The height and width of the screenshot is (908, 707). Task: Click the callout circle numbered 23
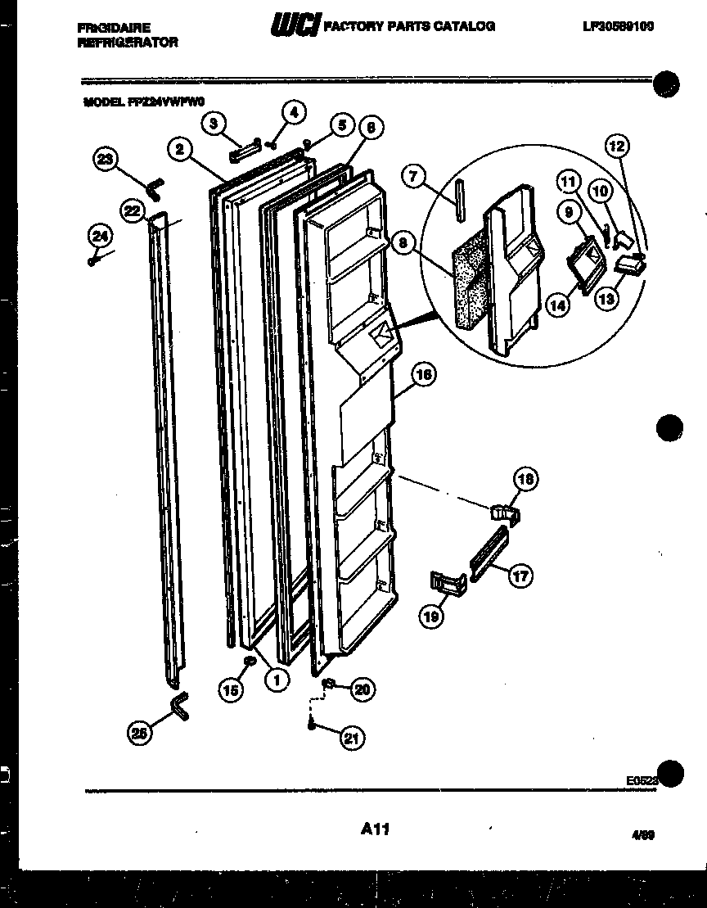106,159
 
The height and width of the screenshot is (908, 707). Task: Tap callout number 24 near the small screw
100,236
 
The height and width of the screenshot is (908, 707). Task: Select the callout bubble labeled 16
423,376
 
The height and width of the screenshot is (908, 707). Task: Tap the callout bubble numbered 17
520,576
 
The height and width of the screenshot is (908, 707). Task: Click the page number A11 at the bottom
374,830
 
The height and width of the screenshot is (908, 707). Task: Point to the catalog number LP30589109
618,26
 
